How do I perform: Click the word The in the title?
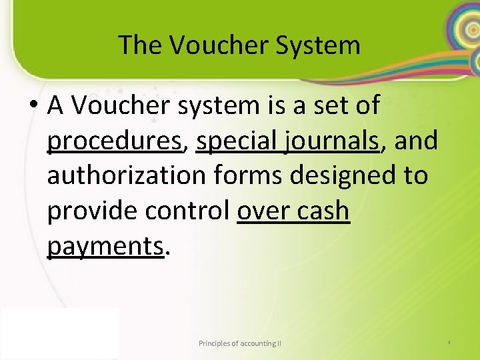141,45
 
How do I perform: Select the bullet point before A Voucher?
35,105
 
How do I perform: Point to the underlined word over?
263,211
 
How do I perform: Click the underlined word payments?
105,246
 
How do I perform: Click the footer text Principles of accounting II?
240,343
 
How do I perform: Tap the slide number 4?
449,343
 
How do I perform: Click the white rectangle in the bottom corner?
60,333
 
